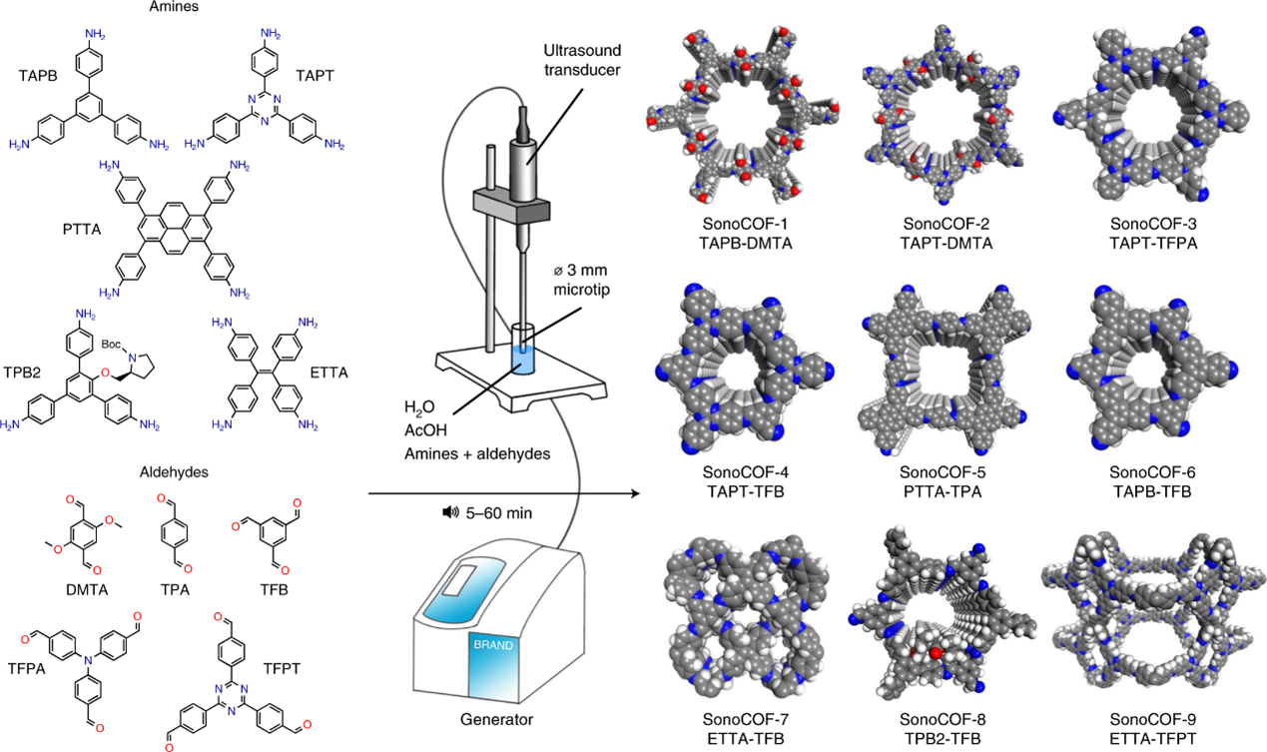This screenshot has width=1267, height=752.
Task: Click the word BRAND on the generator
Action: coord(493,645)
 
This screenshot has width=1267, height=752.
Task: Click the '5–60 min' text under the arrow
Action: coord(497,512)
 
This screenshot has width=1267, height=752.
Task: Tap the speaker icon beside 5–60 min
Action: coord(449,512)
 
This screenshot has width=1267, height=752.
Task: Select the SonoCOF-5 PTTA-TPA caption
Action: coord(944,480)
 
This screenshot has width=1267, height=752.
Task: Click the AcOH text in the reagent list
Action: coord(425,430)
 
